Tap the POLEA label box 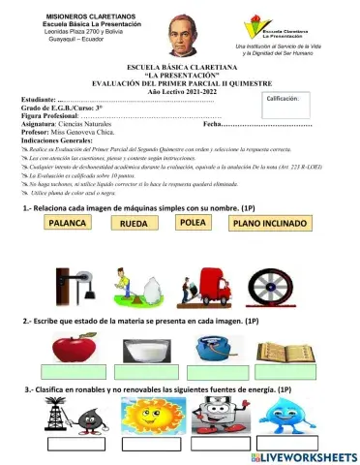pyautogui.click(x=195, y=223)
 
